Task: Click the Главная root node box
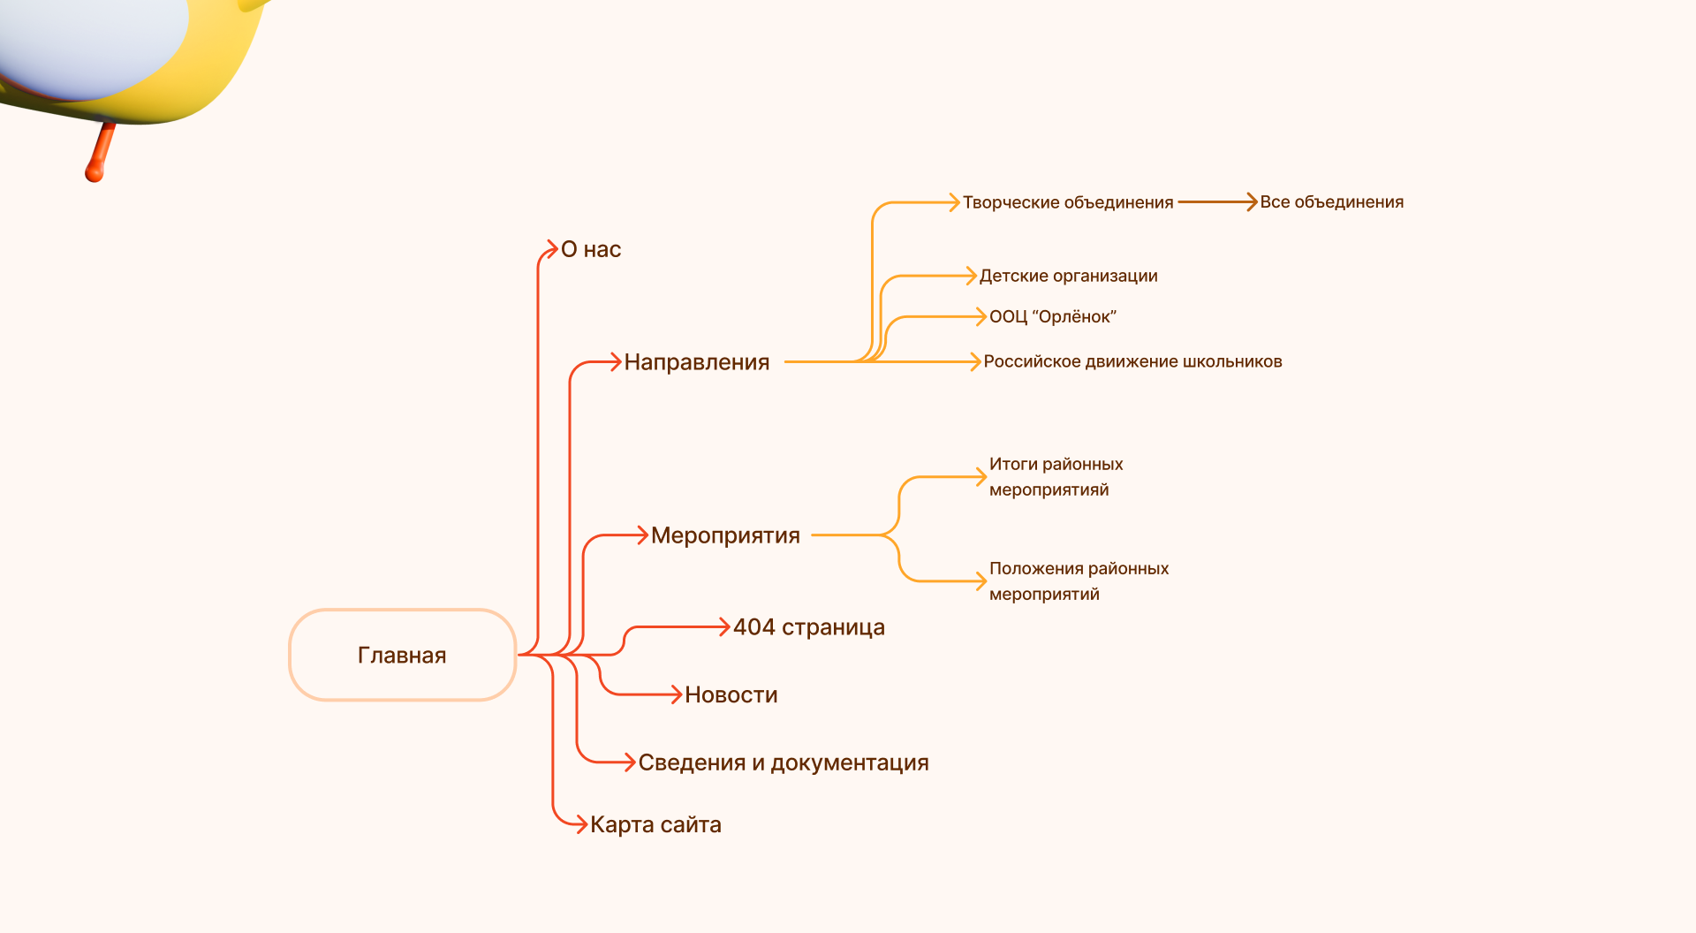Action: tap(402, 655)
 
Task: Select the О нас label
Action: tap(591, 249)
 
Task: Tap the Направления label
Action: tap(696, 361)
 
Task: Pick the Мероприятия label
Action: tap(725, 535)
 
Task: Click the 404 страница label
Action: tap(808, 627)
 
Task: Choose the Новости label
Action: tap(731, 694)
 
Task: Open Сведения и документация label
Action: tap(783, 762)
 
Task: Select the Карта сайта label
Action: tap(655, 824)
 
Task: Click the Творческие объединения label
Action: tap(1067, 202)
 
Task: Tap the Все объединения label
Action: tap(1331, 202)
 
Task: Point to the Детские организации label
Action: tap(1068, 276)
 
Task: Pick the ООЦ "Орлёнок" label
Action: tap(1052, 316)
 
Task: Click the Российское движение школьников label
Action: tap(1132, 361)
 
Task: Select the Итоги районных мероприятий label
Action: tap(1056, 476)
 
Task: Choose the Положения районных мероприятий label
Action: tap(1079, 580)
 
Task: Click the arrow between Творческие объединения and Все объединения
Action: tap(1216, 202)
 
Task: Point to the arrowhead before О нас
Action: tap(550, 249)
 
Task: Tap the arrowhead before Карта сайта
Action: tap(580, 824)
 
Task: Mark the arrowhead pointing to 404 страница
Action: tap(723, 627)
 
